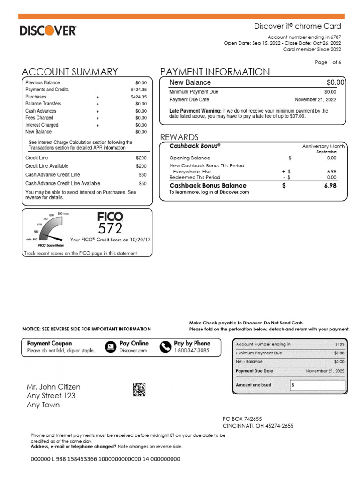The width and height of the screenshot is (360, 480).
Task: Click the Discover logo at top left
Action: [48, 31]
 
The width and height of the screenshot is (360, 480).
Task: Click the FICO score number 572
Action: [110, 228]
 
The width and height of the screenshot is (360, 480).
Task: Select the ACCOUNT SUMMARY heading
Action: [70, 72]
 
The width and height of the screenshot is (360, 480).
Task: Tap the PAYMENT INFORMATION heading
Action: [215, 72]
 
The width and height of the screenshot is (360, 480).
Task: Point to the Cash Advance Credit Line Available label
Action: [62, 184]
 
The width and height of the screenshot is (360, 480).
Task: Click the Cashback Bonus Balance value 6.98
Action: [330, 186]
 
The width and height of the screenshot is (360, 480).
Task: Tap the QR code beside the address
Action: [139, 389]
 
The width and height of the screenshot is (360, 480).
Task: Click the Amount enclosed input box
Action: [317, 385]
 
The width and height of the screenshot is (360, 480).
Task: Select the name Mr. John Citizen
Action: [53, 387]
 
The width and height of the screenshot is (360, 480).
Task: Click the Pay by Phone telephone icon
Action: [165, 346]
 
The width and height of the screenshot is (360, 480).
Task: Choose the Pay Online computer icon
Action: [111, 346]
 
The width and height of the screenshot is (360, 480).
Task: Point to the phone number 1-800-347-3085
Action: [192, 350]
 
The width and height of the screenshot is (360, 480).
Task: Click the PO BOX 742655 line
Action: [242, 419]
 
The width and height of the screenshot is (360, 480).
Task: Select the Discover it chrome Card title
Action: [298, 26]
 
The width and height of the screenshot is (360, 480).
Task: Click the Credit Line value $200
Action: [141, 158]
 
